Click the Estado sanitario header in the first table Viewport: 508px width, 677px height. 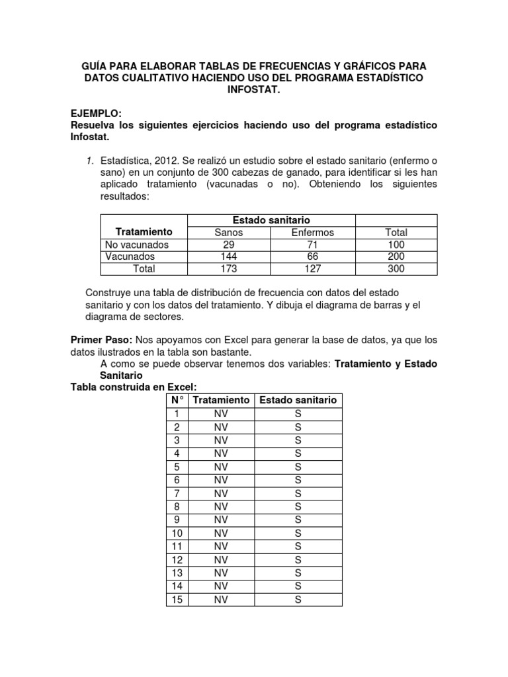(x=271, y=219)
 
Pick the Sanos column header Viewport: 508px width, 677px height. (x=229, y=232)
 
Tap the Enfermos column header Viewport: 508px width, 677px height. (x=313, y=232)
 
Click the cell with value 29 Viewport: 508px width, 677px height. (x=229, y=245)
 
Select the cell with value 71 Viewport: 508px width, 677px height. (x=313, y=245)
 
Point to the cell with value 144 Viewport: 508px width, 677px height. (x=229, y=257)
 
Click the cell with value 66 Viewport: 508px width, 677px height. (x=313, y=257)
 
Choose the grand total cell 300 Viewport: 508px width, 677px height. (x=396, y=268)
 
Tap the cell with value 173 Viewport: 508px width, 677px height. (x=229, y=268)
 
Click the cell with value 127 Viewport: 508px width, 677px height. (x=313, y=268)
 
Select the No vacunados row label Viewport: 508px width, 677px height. (x=137, y=245)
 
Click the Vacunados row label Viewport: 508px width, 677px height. (x=130, y=257)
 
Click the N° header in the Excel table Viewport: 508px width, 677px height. (x=177, y=400)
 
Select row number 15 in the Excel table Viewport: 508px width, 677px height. (x=177, y=600)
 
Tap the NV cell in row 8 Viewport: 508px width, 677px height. (x=221, y=506)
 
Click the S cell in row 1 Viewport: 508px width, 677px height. (x=298, y=414)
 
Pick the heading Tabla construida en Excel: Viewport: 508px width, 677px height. (x=134, y=387)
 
